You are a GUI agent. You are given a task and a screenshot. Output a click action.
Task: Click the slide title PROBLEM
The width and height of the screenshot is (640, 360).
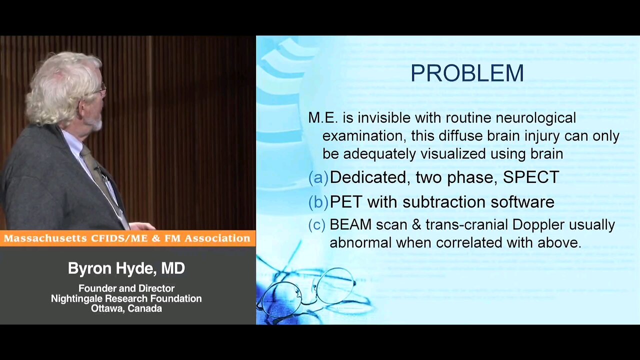pyautogui.click(x=467, y=73)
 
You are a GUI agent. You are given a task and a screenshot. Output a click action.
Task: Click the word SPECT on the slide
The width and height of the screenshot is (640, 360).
pyautogui.click(x=531, y=177)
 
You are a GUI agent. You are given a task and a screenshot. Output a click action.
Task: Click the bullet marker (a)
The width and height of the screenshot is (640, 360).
pyautogui.click(x=318, y=177)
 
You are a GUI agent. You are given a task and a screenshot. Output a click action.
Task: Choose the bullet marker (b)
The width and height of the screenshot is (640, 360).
pyautogui.click(x=318, y=202)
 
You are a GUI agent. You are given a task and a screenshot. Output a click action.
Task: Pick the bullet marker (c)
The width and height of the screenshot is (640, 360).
pyautogui.click(x=317, y=225)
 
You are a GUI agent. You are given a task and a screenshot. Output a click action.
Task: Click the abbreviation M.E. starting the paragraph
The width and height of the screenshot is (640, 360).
pyautogui.click(x=323, y=118)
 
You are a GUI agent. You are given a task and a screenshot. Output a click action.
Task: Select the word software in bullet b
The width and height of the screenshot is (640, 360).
pyautogui.click(x=522, y=201)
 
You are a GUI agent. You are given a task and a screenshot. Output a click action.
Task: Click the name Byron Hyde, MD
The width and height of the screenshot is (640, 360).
pyautogui.click(x=126, y=268)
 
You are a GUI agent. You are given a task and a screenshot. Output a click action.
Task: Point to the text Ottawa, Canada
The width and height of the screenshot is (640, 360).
pyautogui.click(x=126, y=309)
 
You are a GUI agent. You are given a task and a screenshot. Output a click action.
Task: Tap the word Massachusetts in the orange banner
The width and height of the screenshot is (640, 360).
pyautogui.click(x=45, y=238)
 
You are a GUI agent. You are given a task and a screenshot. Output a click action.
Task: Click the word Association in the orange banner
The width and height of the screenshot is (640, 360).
pyautogui.click(x=217, y=238)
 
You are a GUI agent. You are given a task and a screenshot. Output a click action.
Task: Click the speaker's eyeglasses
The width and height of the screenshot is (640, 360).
pyautogui.click(x=101, y=89)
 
